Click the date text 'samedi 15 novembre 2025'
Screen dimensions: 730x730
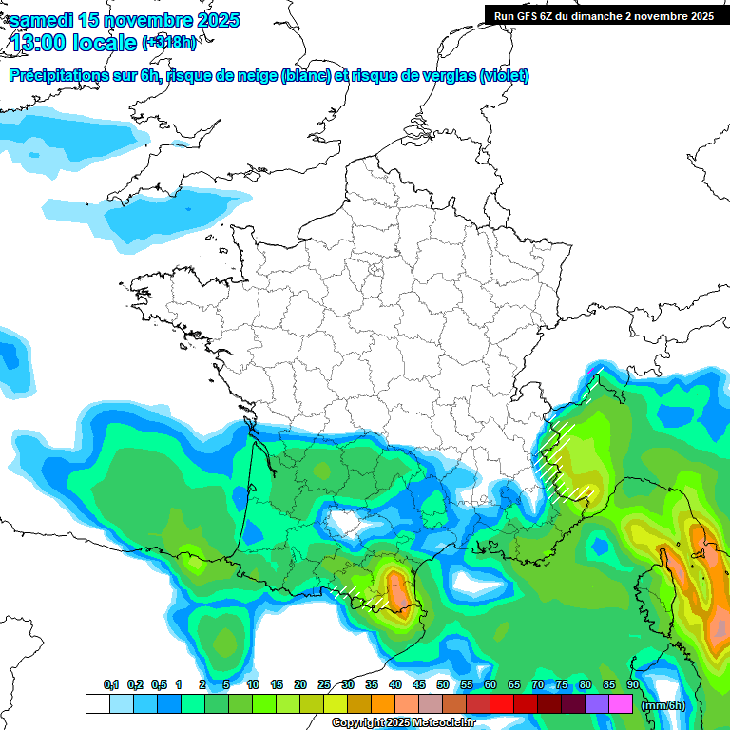coord(125,20)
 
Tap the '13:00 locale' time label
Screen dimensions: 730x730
coord(74,43)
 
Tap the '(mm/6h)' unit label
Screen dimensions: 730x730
coord(663,705)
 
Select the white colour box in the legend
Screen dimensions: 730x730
coord(97,704)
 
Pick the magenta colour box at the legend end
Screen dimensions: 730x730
coord(621,704)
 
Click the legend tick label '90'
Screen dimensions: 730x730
coord(632,685)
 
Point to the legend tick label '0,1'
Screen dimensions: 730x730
coord(111,685)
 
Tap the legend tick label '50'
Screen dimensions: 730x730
coord(443,685)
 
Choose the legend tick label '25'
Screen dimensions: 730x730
coord(324,685)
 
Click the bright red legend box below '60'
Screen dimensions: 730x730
coord(502,704)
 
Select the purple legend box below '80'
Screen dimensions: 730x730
coord(597,704)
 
